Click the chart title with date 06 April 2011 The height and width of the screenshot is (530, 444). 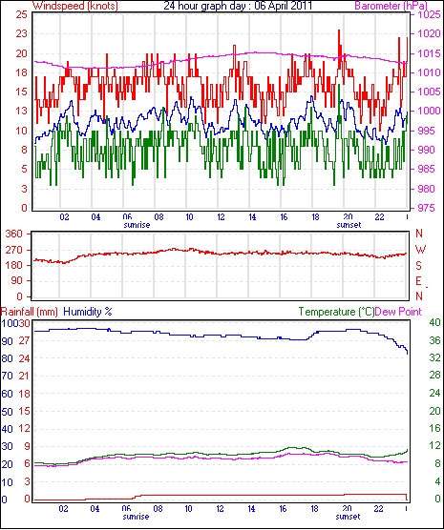(x=238, y=6)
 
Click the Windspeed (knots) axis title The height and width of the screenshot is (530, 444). (x=75, y=6)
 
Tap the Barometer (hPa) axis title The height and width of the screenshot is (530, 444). (x=391, y=6)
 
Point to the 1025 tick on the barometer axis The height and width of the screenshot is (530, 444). (x=429, y=15)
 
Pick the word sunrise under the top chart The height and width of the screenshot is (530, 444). (x=137, y=225)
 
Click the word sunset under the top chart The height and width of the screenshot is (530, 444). (x=349, y=225)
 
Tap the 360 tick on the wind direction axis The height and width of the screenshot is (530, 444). (x=14, y=234)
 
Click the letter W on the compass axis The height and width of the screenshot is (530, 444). (x=420, y=250)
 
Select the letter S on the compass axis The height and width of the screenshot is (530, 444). (x=419, y=266)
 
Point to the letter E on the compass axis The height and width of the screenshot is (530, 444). (x=419, y=281)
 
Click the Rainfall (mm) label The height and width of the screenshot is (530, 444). (x=30, y=312)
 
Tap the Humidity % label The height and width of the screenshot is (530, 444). (x=88, y=312)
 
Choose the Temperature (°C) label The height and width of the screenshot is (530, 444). (x=336, y=312)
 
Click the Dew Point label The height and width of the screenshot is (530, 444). (x=398, y=312)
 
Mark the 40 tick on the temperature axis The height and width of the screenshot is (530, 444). (x=434, y=322)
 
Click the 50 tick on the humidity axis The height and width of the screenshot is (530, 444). (x=8, y=412)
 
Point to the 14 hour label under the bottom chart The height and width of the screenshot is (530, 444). (x=251, y=508)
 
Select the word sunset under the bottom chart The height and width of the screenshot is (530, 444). (x=348, y=517)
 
